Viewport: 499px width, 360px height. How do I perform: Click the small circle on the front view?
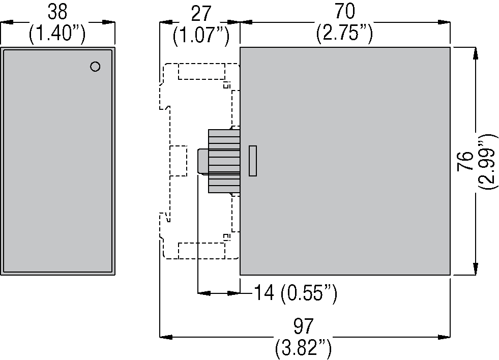tap(95, 66)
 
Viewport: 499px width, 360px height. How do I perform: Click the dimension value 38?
tap(57, 11)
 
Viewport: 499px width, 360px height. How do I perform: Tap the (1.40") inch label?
tap(57, 34)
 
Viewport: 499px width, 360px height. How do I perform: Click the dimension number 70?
tap(345, 11)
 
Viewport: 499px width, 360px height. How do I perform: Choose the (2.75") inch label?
tap(345, 34)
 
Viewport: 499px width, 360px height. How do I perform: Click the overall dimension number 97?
tap(304, 326)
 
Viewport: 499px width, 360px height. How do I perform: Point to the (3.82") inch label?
tap(304, 349)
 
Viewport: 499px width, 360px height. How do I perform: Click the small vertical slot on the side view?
tap(253, 161)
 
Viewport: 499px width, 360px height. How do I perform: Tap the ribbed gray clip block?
tap(224, 161)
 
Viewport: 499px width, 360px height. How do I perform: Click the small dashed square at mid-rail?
tap(178, 161)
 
